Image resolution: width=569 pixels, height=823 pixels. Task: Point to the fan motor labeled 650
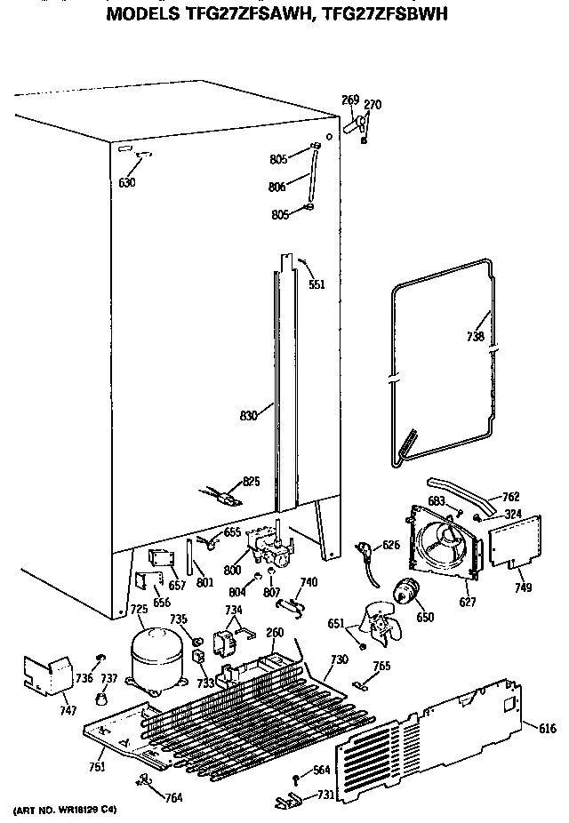click(x=408, y=591)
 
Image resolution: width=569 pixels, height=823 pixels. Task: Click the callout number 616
click(x=547, y=728)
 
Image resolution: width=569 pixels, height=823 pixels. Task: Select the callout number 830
click(x=251, y=414)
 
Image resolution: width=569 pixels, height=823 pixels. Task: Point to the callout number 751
click(x=97, y=766)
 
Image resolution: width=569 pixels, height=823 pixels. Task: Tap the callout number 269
click(x=351, y=99)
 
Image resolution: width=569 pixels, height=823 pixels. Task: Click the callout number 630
click(x=127, y=183)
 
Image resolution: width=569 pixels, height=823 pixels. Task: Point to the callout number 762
click(x=510, y=496)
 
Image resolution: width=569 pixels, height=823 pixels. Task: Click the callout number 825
click(x=252, y=481)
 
